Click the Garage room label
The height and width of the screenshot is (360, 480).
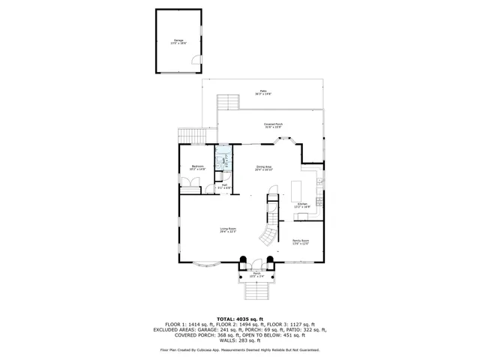point(178,41)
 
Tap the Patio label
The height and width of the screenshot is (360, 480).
point(262,92)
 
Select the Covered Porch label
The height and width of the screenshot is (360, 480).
point(273,125)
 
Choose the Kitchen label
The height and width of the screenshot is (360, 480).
point(302,204)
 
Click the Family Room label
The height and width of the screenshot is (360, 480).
point(301,241)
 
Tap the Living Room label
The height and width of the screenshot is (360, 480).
point(228,230)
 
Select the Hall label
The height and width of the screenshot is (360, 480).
point(223,185)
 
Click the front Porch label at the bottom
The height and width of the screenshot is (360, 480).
point(256,274)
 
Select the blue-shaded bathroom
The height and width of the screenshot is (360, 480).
point(223,162)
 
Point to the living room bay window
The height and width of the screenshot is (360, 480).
point(204,263)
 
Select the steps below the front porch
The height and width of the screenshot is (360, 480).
point(256,289)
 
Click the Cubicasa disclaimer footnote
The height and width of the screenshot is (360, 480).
point(239,349)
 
